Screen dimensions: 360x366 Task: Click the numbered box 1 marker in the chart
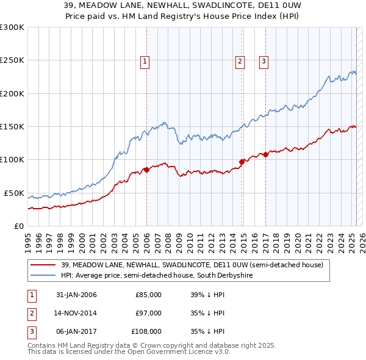point(145,60)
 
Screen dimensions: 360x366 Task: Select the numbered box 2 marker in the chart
point(240,60)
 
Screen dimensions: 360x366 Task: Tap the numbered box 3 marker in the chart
point(264,60)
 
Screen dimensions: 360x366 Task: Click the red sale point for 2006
point(146,170)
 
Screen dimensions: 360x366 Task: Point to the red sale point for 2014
point(242,162)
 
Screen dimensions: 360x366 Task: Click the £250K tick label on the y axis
point(12,60)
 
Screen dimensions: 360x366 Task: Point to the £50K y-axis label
point(14,193)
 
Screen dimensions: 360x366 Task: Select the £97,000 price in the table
point(148,313)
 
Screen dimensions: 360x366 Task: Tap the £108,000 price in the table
point(146,331)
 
